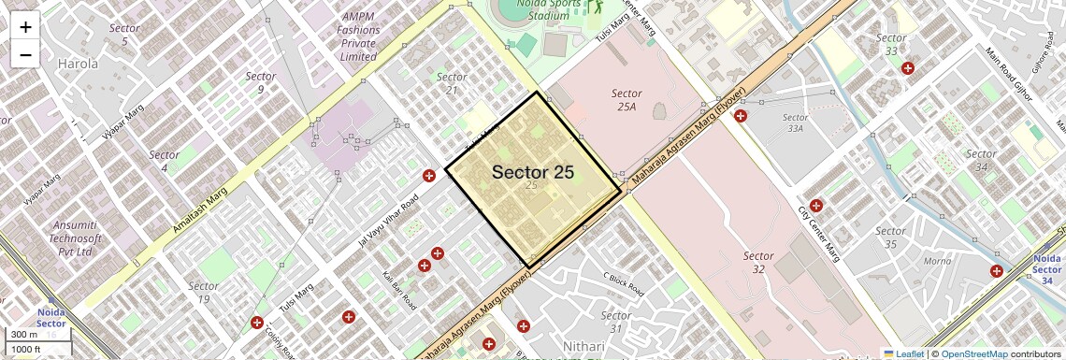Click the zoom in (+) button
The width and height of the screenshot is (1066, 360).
point(25,26)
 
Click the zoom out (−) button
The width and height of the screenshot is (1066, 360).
point(25,54)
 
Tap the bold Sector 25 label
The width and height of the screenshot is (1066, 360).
point(532,172)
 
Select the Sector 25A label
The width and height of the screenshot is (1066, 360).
point(626,100)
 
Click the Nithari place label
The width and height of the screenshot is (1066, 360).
point(583,347)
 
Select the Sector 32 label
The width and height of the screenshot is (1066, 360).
point(758,262)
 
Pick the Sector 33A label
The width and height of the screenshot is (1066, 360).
point(795,122)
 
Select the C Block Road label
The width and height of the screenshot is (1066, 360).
point(624,285)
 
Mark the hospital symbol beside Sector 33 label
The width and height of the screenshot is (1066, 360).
point(907,68)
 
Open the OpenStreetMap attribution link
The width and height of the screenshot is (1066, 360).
point(973,354)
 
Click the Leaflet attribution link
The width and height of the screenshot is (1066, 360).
point(903,354)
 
